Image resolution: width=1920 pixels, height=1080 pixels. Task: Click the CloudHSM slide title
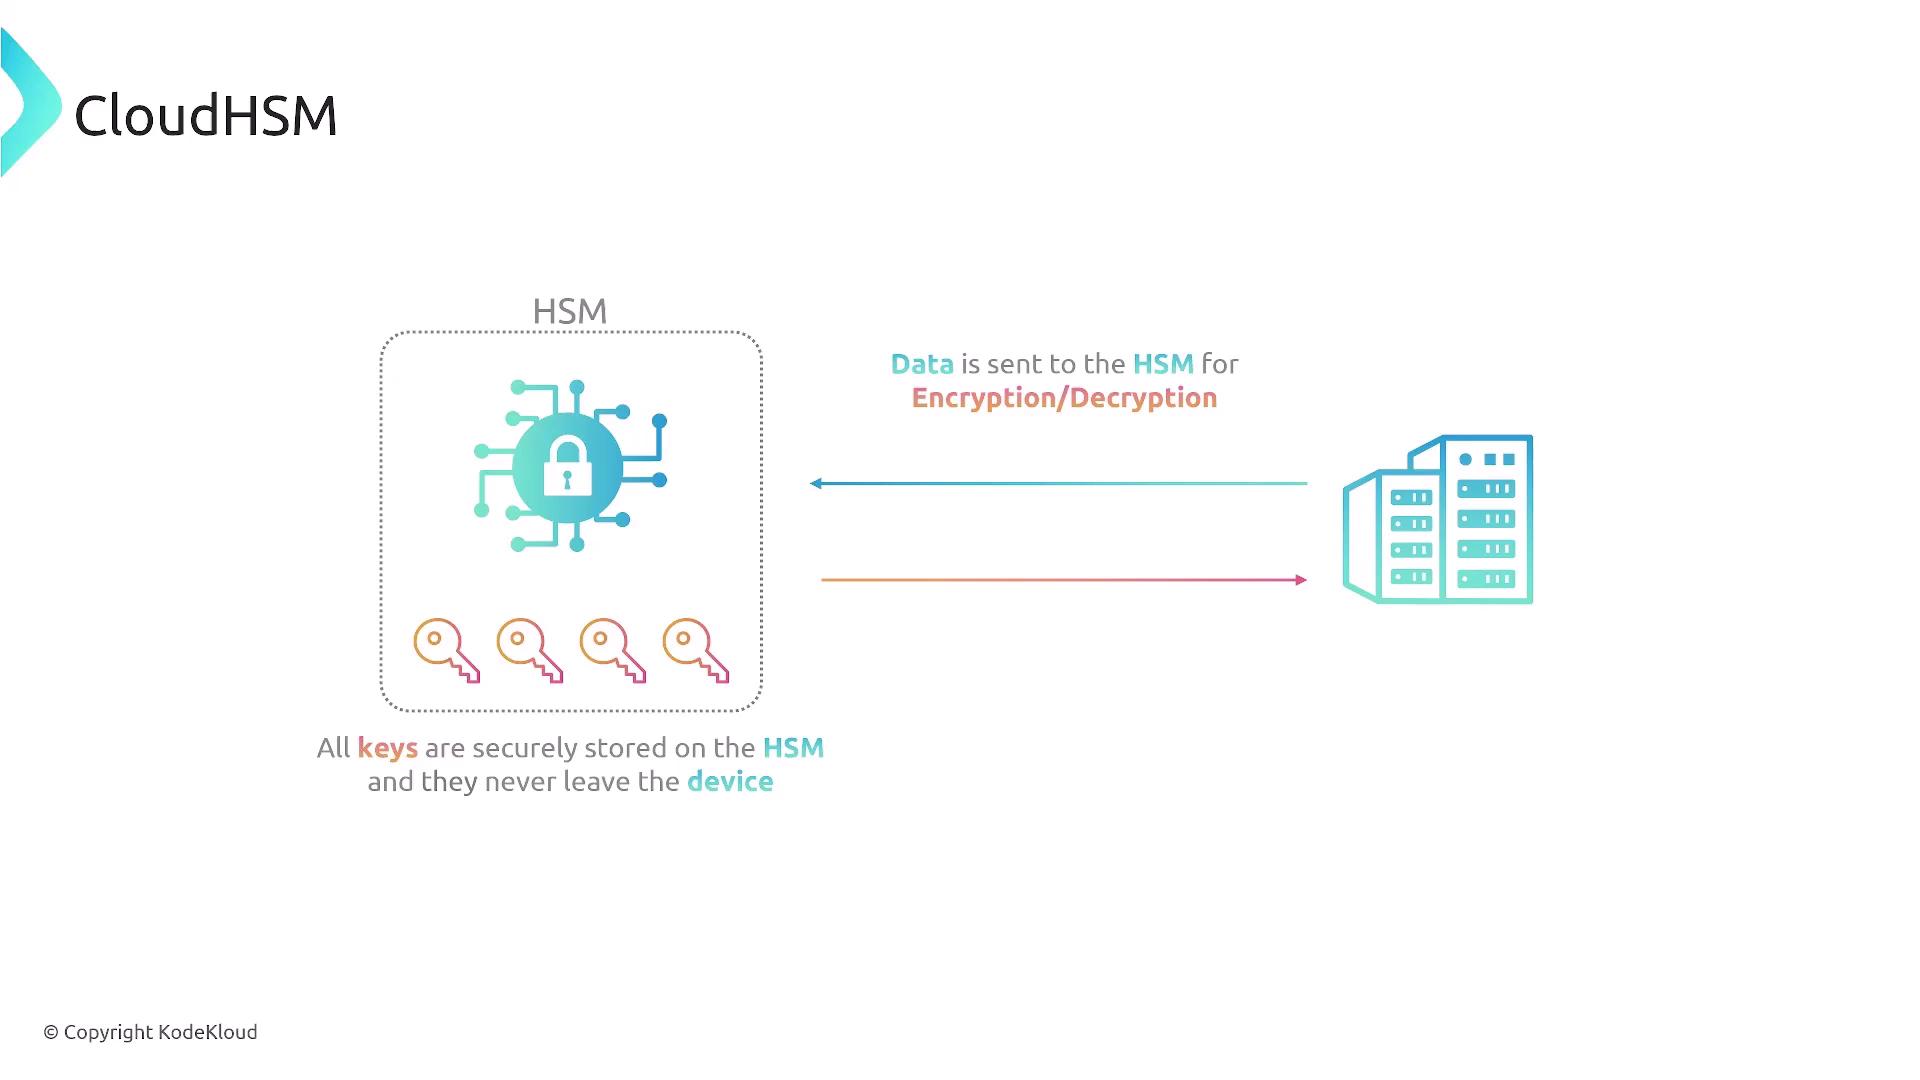pyautogui.click(x=206, y=115)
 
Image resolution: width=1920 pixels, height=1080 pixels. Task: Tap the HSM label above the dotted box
pyautogui.click(x=570, y=311)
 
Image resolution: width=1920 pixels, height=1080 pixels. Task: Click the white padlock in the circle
pyautogui.click(x=567, y=466)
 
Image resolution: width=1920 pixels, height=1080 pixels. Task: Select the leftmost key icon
pyautogui.click(x=446, y=651)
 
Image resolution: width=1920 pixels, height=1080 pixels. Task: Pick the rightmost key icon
pyautogui.click(x=696, y=651)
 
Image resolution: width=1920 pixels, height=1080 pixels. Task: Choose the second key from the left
pyautogui.click(x=530, y=651)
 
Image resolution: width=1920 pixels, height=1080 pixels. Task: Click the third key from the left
pyautogui.click(x=613, y=651)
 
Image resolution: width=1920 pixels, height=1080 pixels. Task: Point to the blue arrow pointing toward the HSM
pyautogui.click(x=1058, y=483)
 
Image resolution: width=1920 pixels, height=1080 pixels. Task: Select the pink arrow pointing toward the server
pyautogui.click(x=1064, y=580)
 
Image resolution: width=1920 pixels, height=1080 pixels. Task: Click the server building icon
pyautogui.click(x=1438, y=519)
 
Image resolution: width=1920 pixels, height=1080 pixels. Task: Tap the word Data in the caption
pyautogui.click(x=922, y=364)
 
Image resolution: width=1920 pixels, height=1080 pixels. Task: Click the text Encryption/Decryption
pyautogui.click(x=1064, y=398)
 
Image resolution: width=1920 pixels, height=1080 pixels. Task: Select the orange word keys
pyautogui.click(x=388, y=749)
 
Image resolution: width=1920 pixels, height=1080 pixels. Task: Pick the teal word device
pyautogui.click(x=730, y=782)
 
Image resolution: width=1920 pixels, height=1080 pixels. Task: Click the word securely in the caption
pyautogui.click(x=525, y=749)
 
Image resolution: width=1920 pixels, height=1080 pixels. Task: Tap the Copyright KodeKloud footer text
pyautogui.click(x=151, y=1032)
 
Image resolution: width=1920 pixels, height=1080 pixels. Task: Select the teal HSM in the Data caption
pyautogui.click(x=1163, y=364)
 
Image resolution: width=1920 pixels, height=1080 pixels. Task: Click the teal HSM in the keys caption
pyautogui.click(x=794, y=748)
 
